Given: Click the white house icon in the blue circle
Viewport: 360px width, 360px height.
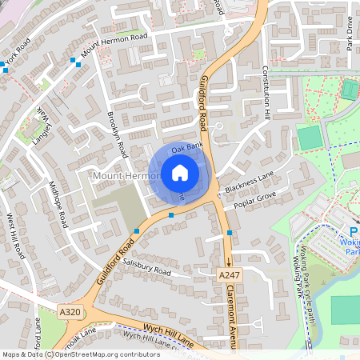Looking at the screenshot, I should [x=180, y=172].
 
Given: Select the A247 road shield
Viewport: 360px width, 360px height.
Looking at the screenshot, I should [x=228, y=274].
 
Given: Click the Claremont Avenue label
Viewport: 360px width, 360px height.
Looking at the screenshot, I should [x=234, y=316].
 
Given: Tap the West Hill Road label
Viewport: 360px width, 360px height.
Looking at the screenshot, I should [x=17, y=236].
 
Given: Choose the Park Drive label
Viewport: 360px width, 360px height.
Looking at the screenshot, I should [x=350, y=36].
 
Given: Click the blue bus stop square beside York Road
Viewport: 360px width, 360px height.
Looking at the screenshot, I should [x=6, y=70].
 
